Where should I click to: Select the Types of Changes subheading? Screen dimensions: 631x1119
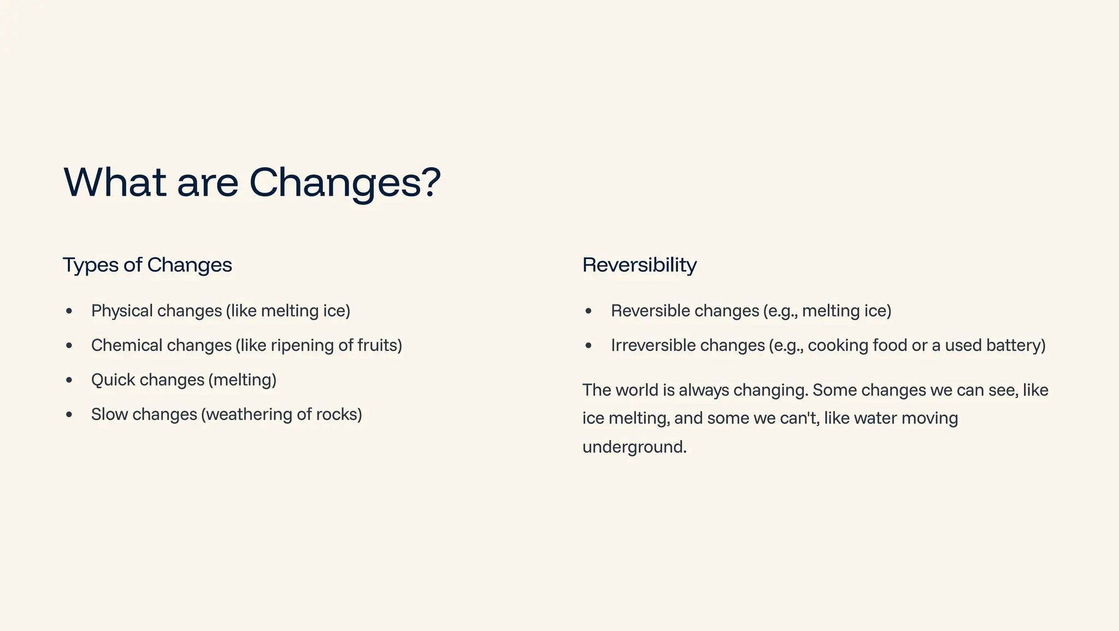pyautogui.click(x=147, y=265)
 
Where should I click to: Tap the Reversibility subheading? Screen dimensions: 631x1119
pyautogui.click(x=639, y=265)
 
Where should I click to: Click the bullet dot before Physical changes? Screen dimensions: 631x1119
pyautogui.click(x=69, y=311)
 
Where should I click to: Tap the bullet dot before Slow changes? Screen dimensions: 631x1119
pyautogui.click(x=69, y=414)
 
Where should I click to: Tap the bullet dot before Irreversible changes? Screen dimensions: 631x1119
pyautogui.click(x=588, y=346)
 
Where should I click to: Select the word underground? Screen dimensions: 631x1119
pyautogui.click(x=634, y=447)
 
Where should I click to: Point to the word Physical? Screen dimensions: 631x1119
pyautogui.click(x=122, y=311)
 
